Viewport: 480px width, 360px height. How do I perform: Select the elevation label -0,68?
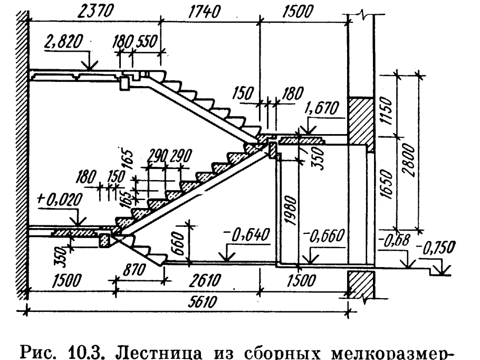pyautogui.click(x=393, y=244)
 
